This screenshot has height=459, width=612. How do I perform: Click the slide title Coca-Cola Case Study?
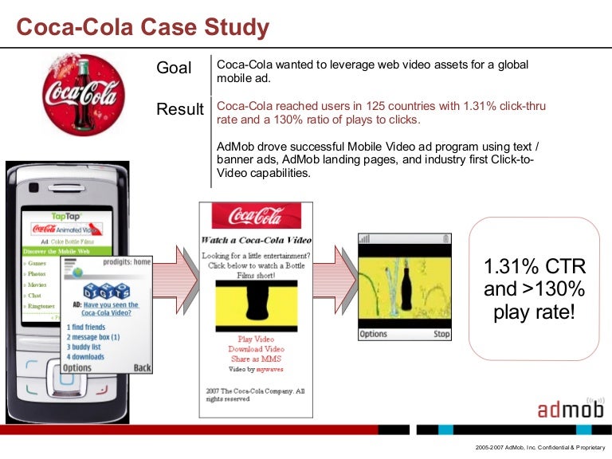143,29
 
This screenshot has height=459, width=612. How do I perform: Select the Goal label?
175,68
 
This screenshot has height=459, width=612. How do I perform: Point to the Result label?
180,109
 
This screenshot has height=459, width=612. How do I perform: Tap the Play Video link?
255,339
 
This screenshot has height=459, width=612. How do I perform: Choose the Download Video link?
255,349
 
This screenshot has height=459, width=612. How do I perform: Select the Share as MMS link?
255,359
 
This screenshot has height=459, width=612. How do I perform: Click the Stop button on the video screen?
441,335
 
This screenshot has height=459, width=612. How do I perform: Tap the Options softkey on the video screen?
374,335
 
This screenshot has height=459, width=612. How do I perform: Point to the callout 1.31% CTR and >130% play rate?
533,288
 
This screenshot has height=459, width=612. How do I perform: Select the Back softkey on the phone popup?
143,368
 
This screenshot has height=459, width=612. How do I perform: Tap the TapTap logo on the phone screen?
68,216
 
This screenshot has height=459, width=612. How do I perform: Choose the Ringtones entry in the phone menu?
41,306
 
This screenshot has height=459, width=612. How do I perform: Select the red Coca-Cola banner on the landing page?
256,216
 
